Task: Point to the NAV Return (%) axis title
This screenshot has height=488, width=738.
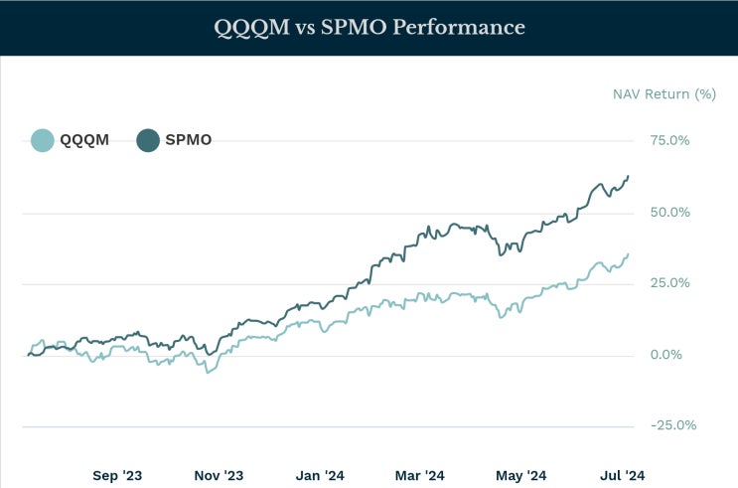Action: tap(664, 94)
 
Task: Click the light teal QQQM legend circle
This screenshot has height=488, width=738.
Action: tap(42, 140)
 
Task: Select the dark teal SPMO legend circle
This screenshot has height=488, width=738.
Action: tap(147, 140)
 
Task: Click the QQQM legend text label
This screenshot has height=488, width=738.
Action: tap(85, 140)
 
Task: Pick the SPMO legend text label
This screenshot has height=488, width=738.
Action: tap(188, 140)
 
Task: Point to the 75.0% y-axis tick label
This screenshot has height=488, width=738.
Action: tap(669, 140)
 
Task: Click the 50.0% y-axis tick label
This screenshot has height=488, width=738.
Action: tap(669, 212)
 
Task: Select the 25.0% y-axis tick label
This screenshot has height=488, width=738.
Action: tap(669, 283)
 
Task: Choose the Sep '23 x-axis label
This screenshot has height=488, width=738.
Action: tap(118, 475)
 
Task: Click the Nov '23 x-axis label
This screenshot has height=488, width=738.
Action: tap(220, 475)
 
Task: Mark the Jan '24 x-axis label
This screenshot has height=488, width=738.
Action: tap(321, 475)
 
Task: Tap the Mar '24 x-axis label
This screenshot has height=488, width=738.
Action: tap(421, 475)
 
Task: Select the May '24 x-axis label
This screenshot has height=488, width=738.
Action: tap(521, 475)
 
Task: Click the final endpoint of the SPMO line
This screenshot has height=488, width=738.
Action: tap(628, 176)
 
